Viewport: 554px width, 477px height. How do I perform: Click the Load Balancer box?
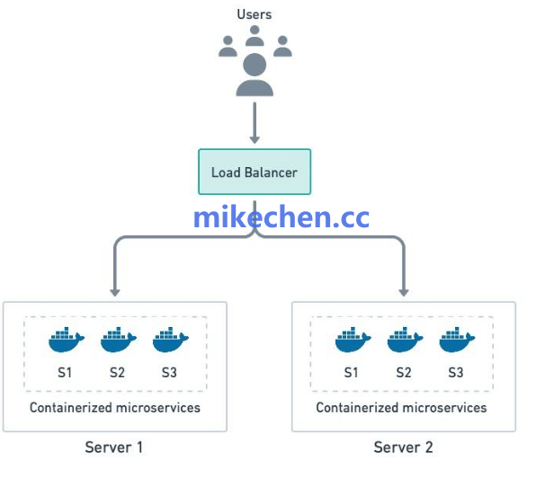pos(255,172)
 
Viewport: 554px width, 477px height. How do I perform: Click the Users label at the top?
pos(255,14)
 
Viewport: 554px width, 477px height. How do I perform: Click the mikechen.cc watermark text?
pos(281,216)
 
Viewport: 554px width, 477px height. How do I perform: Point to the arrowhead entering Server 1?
pos(114,290)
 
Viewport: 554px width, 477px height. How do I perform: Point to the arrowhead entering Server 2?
pos(402,290)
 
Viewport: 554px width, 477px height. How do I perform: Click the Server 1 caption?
pos(114,446)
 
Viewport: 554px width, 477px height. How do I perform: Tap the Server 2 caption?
pos(403,446)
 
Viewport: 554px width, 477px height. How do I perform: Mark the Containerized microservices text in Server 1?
pos(115,407)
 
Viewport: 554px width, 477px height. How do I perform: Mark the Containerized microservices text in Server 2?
pos(401,407)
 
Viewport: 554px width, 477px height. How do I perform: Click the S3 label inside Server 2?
pos(455,372)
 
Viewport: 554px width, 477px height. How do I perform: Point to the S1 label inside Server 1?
pos(65,372)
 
